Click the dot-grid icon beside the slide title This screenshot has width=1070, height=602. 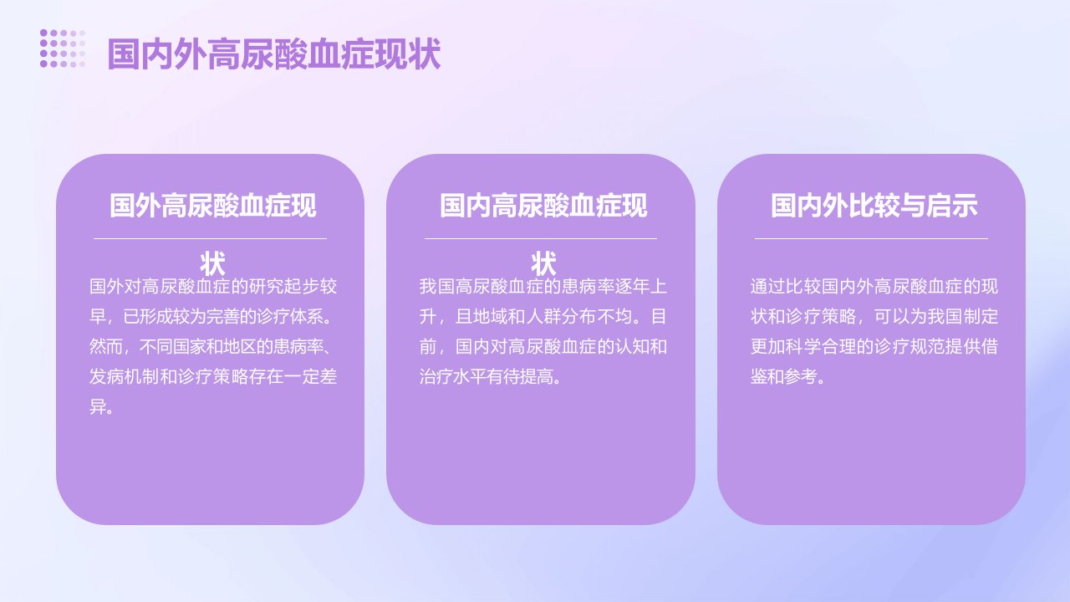[63, 48]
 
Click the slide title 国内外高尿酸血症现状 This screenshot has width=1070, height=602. [273, 54]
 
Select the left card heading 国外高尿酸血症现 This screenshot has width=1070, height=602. [213, 206]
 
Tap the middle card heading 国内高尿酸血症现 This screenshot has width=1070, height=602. [543, 206]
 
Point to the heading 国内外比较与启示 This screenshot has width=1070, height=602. [874, 206]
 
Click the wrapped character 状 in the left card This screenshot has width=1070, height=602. [212, 263]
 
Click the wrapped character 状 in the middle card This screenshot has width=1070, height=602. [543, 263]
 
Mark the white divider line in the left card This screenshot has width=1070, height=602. [210, 238]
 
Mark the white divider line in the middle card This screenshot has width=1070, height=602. [541, 238]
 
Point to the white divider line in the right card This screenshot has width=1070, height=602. [871, 238]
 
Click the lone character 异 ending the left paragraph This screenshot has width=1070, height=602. [98, 407]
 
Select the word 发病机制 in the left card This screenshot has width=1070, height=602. [124, 377]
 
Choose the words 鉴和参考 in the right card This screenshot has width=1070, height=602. [784, 377]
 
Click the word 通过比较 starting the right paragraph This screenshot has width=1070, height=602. [785, 287]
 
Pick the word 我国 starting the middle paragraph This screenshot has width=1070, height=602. [436, 287]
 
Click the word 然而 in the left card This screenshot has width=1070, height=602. [106, 347]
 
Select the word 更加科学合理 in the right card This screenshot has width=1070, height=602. [802, 347]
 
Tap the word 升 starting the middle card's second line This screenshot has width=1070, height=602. [428, 317]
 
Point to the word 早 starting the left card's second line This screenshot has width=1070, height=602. [98, 317]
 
